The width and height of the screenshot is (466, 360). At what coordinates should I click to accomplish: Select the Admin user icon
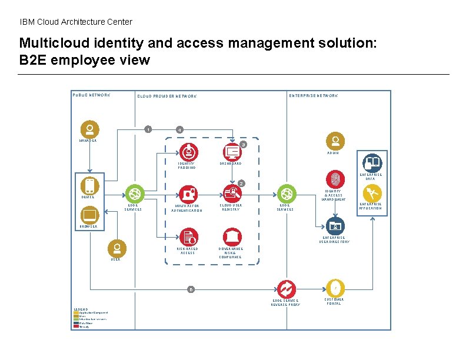tap(335, 141)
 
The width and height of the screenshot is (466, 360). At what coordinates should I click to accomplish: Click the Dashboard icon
tap(233, 152)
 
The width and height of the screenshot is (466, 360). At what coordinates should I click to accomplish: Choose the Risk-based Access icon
tap(188, 236)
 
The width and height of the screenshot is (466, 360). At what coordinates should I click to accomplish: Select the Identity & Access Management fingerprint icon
tap(335, 178)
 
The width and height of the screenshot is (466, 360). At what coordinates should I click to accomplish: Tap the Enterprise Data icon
tap(371, 162)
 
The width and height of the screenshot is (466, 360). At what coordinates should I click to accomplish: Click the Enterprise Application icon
tap(371, 193)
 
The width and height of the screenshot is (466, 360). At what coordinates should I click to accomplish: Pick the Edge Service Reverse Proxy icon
tap(286, 288)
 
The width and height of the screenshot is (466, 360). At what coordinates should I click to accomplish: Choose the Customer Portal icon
tap(335, 288)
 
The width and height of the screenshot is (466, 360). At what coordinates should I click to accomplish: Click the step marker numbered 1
tap(148, 129)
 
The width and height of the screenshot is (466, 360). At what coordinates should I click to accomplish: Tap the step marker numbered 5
tap(191, 289)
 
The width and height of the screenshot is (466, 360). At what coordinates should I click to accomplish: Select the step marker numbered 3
tap(243, 145)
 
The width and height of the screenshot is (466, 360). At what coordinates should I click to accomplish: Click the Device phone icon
tap(89, 186)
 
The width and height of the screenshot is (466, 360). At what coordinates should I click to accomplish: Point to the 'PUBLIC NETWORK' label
tap(91, 95)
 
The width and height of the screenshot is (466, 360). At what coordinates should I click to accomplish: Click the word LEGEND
tap(81, 308)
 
